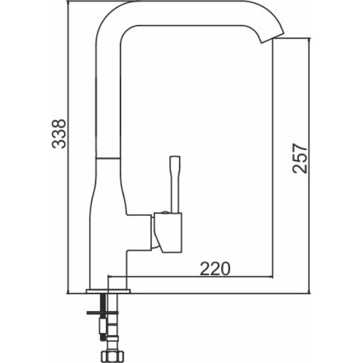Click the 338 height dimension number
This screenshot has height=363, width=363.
click(x=59, y=134)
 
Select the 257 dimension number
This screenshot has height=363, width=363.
click(x=299, y=159)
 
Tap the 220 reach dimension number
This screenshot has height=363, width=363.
click(x=215, y=269)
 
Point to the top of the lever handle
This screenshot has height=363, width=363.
click(x=175, y=157)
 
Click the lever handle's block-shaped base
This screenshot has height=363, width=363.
click(x=168, y=232)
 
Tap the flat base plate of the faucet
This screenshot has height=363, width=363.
click(x=108, y=291)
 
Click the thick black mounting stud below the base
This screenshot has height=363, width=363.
click(x=103, y=303)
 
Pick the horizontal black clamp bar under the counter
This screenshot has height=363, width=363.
click(x=103, y=313)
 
